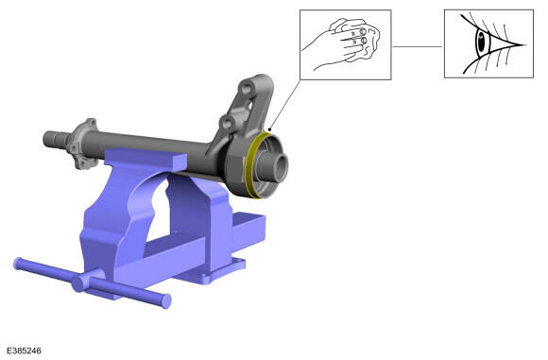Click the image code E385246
[x=24, y=351]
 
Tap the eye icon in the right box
[x=488, y=43]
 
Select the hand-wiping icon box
[x=345, y=44]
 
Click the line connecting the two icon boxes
[x=418, y=46]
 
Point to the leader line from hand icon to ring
[x=284, y=105]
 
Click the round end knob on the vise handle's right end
[x=166, y=300]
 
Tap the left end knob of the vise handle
[x=18, y=264]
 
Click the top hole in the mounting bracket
[x=246, y=88]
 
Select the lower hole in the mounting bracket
[x=227, y=123]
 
